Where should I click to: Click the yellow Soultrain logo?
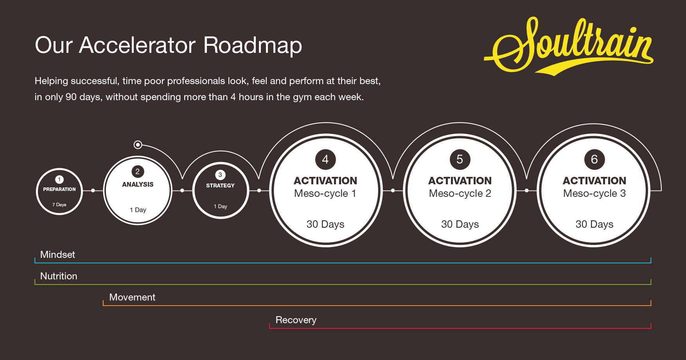pos(569,47)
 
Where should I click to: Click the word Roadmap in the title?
pos(253,45)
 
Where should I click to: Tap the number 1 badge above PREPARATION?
pos(59,179)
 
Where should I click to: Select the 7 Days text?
pos(59,205)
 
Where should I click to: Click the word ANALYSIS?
pos(138,184)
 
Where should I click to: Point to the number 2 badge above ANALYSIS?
pos(138,171)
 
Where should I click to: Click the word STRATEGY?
pos(220,185)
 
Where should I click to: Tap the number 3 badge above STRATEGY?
pos(220,175)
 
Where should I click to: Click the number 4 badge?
pos(325,159)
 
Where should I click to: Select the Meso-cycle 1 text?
pos(325,193)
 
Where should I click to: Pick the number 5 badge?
pos(460,159)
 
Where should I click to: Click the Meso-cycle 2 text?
pos(460,193)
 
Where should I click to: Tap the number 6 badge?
pos(594,159)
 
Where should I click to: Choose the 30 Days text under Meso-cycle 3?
pos(594,224)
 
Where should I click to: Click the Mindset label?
pos(57,255)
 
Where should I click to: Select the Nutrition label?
pos(59,276)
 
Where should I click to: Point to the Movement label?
pos(132,297)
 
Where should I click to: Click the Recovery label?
pos(296,320)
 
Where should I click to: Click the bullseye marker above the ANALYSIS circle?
pos(138,145)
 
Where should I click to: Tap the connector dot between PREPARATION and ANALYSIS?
pos(93,191)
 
